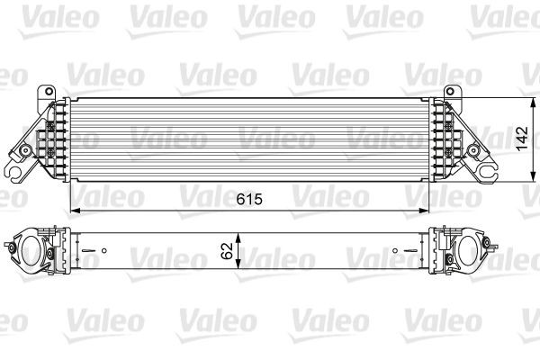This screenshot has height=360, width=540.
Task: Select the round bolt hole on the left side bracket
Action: pos(28,148)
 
